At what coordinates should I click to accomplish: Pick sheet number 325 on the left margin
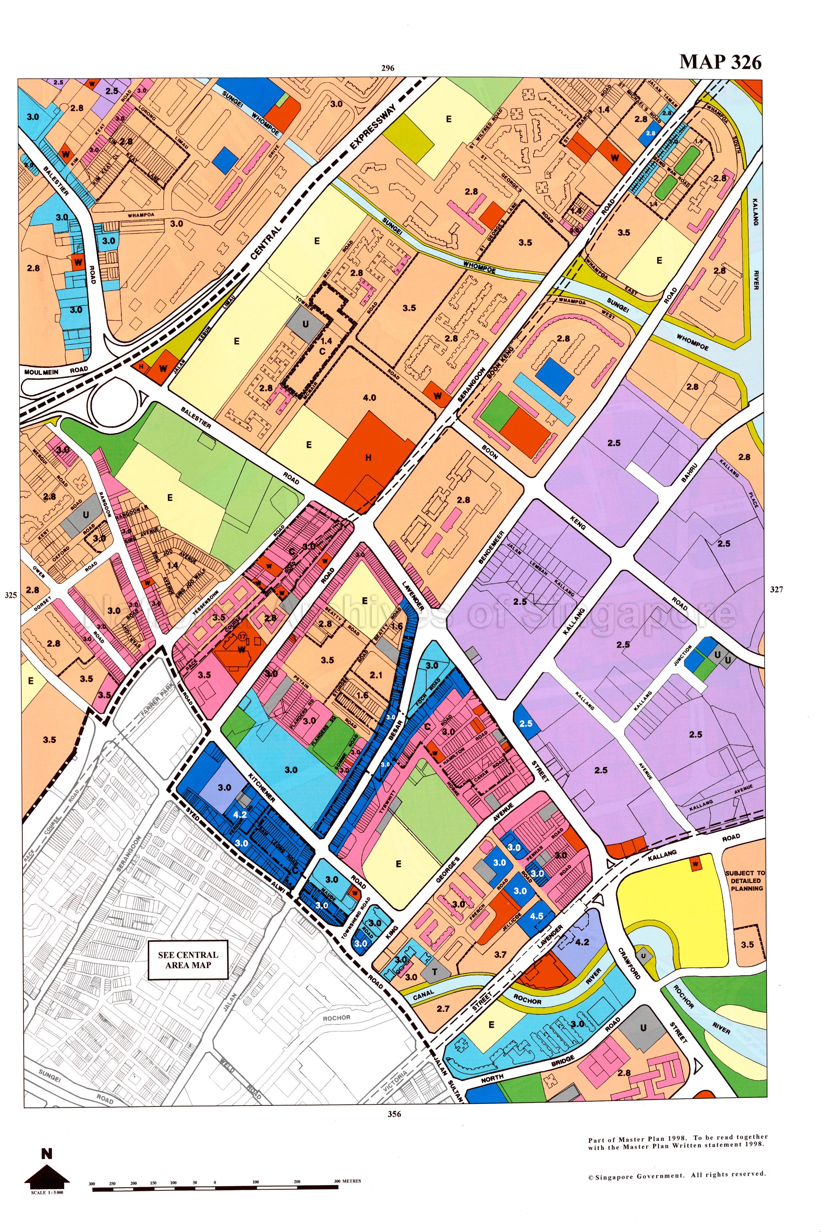pos(10,595)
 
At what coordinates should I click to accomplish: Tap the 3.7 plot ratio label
pos(501,955)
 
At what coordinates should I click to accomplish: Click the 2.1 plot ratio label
pos(376,675)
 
